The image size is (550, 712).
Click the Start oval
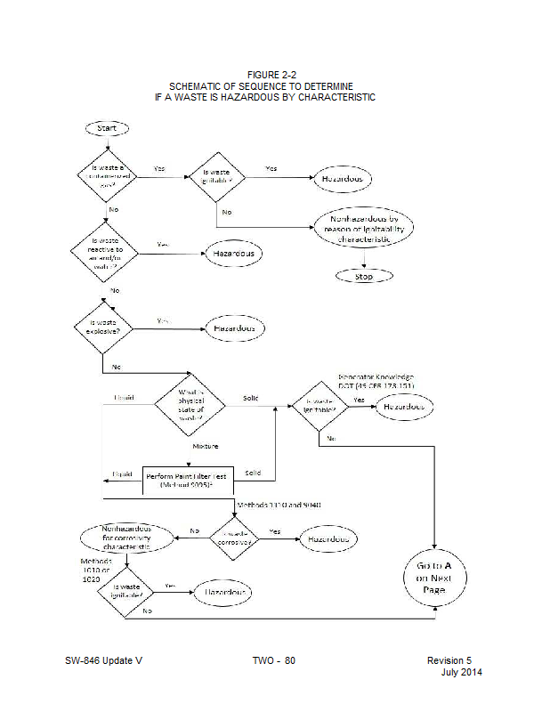click(x=106, y=128)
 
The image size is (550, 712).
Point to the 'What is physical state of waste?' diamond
click(x=190, y=404)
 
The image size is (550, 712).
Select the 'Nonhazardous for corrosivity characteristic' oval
click(x=125, y=537)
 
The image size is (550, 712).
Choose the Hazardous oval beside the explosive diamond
click(x=235, y=328)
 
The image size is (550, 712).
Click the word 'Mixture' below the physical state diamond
click(x=206, y=445)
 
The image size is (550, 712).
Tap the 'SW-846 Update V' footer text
click(x=103, y=660)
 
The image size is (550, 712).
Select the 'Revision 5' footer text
click(x=449, y=660)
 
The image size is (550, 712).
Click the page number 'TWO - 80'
click(x=273, y=660)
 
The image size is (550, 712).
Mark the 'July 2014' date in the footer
click(x=461, y=672)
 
